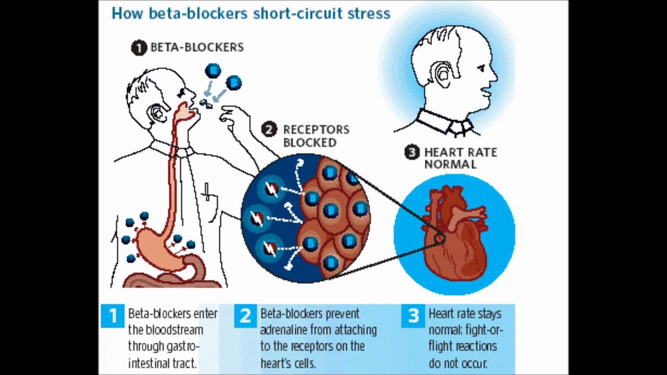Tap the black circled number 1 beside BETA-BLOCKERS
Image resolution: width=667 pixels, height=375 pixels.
point(139,48)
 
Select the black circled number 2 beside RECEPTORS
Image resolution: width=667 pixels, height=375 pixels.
point(269,130)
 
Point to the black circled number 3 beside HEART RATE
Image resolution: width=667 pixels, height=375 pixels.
point(412,153)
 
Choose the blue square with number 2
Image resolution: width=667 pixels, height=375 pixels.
point(245,316)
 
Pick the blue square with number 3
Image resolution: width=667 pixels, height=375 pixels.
point(413,316)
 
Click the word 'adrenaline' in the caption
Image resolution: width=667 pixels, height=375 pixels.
point(284,330)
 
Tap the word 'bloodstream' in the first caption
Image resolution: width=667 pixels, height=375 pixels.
point(166,330)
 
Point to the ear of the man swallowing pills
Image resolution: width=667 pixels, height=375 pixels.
point(156,113)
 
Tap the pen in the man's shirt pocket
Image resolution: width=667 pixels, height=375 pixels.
point(207,191)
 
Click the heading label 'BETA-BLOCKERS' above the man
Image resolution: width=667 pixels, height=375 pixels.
point(197,47)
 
